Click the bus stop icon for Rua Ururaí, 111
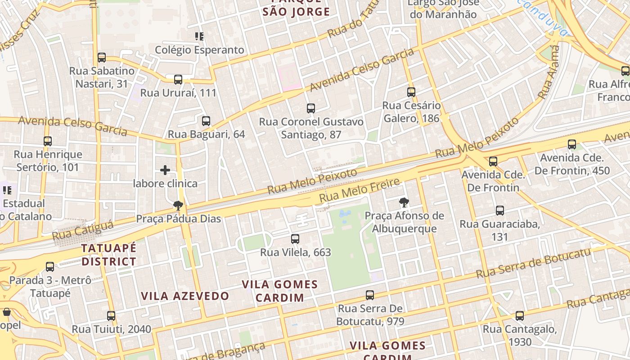178,80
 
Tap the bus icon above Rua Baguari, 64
206,121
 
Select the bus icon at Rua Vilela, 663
295,239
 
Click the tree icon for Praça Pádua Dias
178,206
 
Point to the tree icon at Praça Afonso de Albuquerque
404,202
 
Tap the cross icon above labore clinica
165,170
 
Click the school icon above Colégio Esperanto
199,36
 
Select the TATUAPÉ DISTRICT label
108,255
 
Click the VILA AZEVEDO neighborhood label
185,296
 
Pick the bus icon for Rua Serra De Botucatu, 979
370,295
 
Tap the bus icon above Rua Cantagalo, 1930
520,316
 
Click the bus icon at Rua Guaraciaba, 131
499,210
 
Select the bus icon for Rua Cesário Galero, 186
411,92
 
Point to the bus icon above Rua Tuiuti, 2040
111,316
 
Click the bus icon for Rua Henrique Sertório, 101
48,141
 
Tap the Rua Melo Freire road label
359,190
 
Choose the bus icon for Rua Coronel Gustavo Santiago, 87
311,108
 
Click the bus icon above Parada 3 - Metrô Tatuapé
50,267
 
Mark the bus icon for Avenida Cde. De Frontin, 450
572,144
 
